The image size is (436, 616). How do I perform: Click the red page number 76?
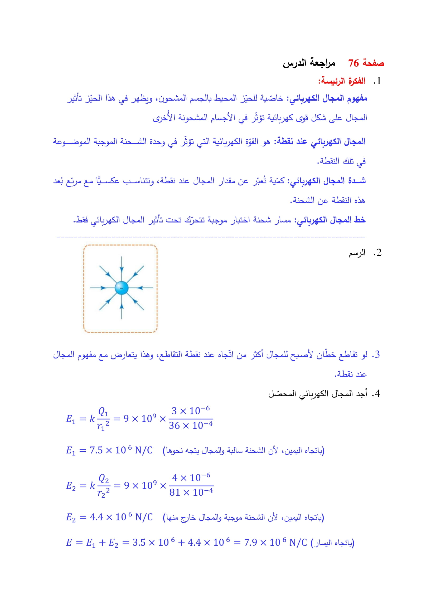353,63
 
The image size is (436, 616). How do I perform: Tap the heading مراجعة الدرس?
309,63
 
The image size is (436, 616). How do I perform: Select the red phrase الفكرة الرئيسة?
342,81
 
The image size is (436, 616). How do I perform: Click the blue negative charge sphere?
121,288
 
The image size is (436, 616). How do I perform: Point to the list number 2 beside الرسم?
379,253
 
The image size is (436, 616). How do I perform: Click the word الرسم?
357,253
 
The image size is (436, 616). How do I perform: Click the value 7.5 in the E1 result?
96,450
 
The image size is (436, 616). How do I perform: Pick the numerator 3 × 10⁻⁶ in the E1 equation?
191,411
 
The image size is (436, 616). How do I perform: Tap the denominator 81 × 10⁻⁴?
191,492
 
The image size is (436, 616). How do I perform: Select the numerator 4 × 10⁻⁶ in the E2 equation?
191,477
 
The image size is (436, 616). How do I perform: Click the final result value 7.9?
250,543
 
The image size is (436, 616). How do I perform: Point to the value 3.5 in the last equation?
139,543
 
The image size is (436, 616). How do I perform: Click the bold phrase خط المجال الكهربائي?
331,220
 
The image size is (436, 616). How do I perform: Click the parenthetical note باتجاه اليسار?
333,543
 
